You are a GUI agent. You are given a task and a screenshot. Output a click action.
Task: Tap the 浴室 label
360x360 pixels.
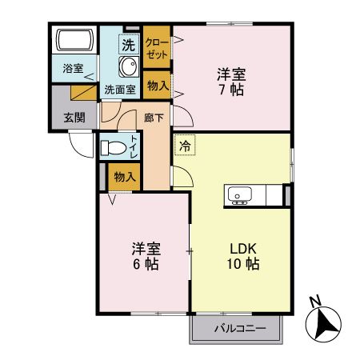click(x=73, y=69)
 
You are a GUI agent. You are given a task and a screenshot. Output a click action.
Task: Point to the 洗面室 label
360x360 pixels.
click(x=120, y=90)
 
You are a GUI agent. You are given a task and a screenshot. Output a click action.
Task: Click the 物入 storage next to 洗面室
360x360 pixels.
click(x=157, y=86)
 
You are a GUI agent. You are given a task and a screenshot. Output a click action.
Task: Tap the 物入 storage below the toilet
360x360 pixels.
click(x=124, y=176)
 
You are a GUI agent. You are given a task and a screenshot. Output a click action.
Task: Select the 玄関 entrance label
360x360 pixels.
click(x=74, y=117)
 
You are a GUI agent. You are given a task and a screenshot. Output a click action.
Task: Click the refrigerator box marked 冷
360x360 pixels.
click(x=184, y=146)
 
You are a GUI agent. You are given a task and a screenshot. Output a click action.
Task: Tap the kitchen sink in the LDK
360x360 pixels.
click(x=239, y=194)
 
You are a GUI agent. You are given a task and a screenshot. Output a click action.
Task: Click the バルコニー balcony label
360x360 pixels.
click(x=236, y=329)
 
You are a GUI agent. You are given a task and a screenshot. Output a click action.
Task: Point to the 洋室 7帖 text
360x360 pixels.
click(x=231, y=82)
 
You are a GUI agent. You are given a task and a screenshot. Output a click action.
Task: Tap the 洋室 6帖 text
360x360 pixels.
click(x=144, y=254)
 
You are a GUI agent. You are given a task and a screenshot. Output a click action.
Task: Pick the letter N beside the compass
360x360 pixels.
click(x=315, y=302)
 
